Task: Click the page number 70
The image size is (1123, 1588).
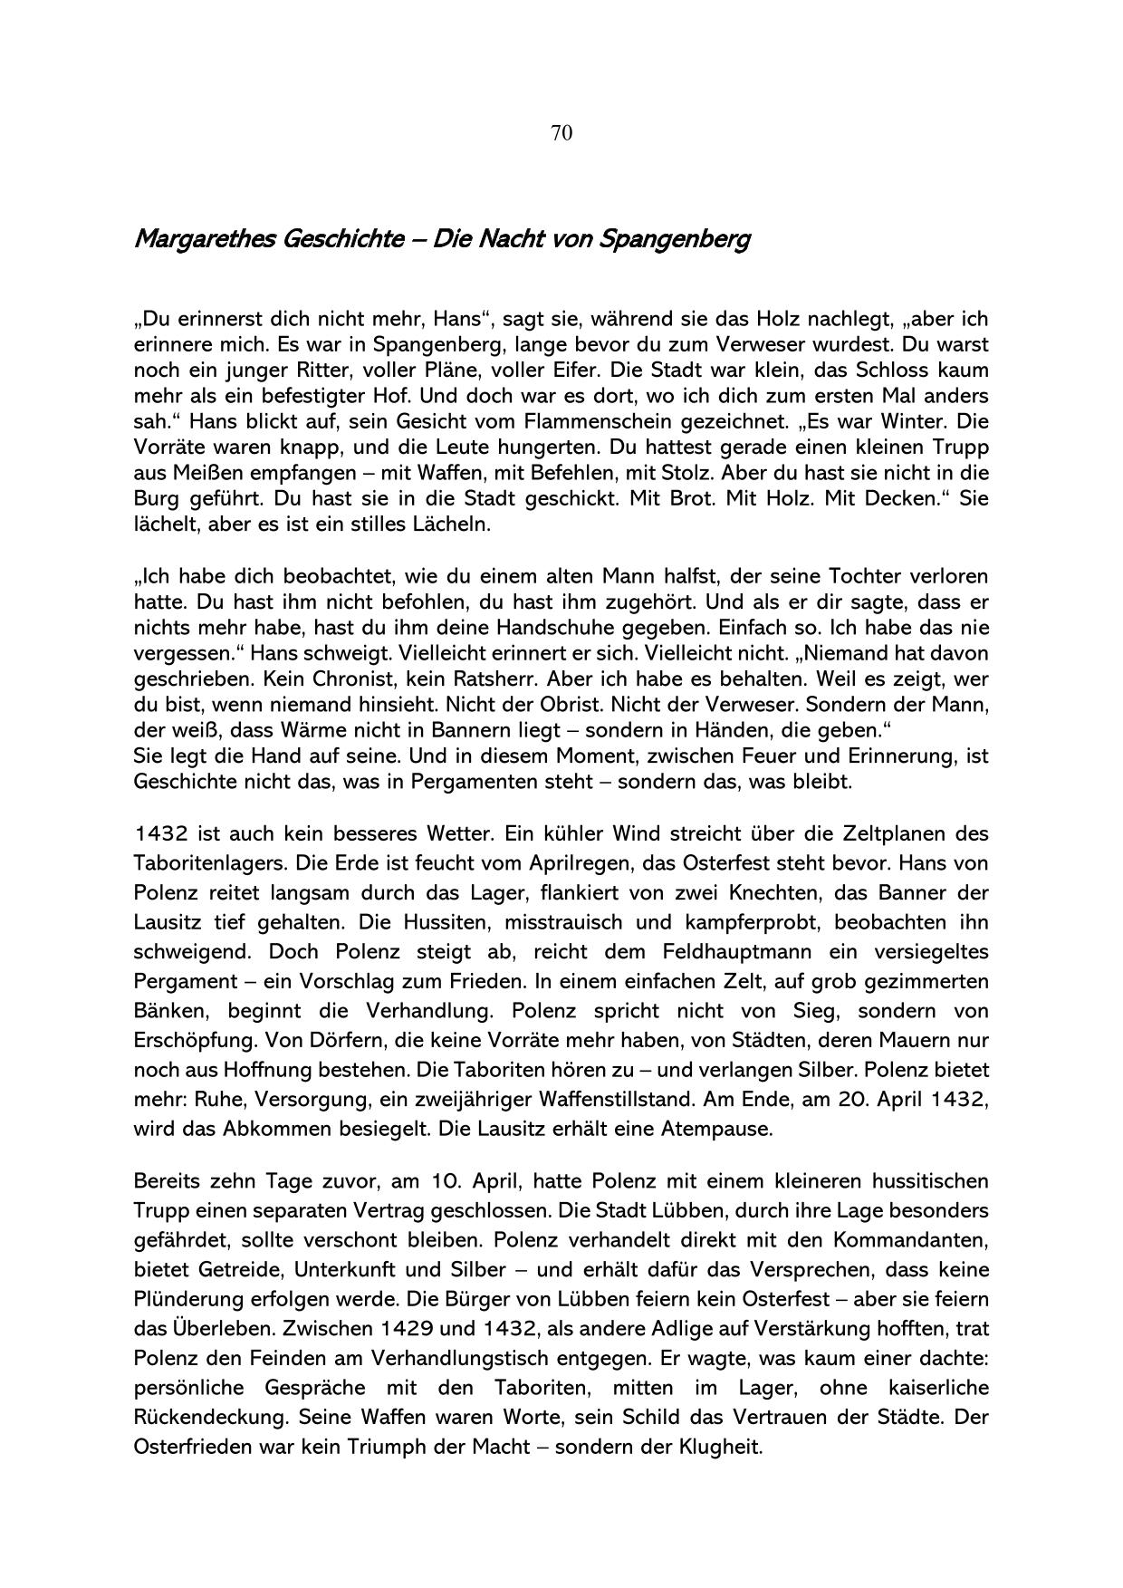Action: tap(561, 133)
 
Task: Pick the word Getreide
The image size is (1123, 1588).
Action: tap(236, 1270)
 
